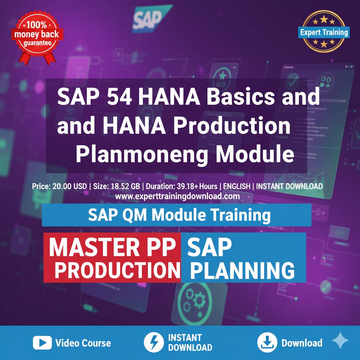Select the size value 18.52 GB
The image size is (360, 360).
pyautogui.click(x=117, y=186)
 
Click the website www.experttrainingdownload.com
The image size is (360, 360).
pyautogui.click(x=177, y=196)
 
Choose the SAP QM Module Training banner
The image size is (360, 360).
pyautogui.click(x=176, y=214)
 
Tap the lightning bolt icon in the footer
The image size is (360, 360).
pyautogui.click(x=153, y=343)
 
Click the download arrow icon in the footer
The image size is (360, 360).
pyautogui.click(x=266, y=343)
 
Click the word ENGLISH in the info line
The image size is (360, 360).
pyautogui.click(x=236, y=186)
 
